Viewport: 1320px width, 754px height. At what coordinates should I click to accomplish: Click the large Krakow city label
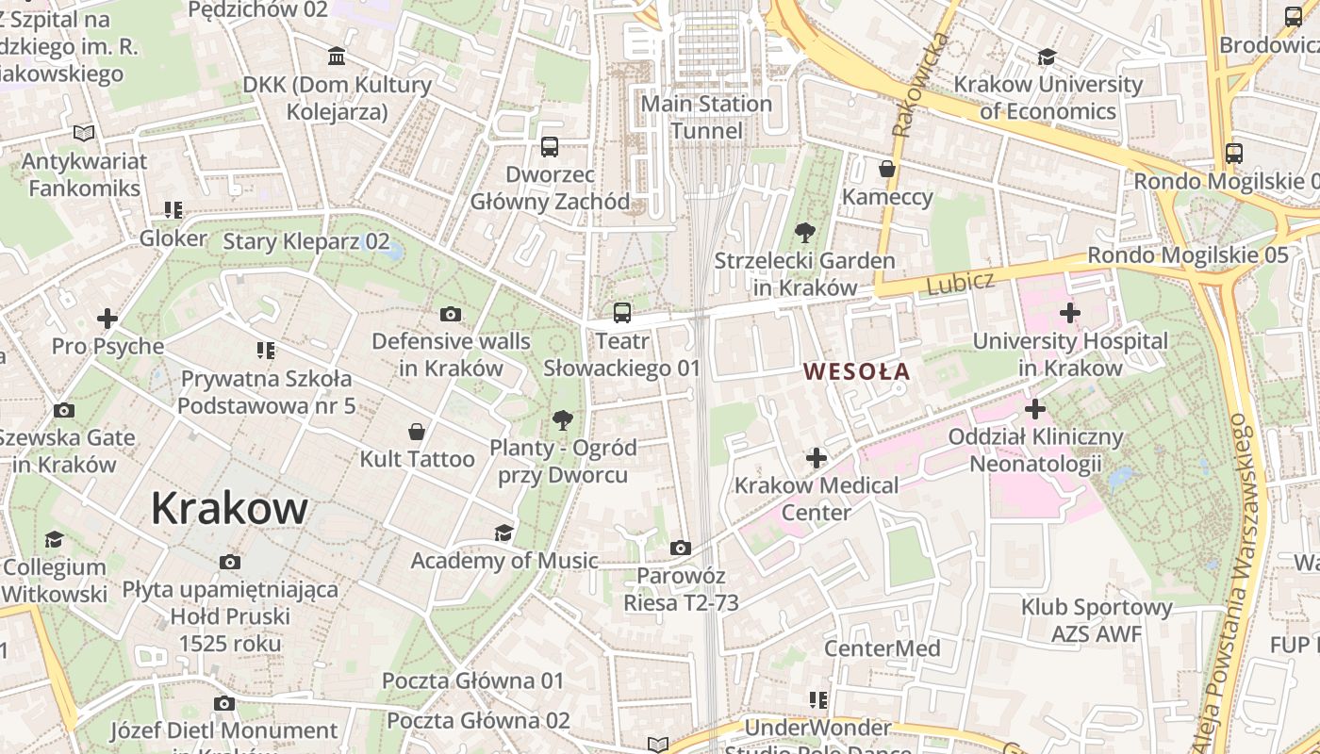229,509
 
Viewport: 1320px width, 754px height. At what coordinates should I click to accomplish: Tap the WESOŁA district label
857,371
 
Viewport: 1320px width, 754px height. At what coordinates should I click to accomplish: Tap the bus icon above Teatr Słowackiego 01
621,312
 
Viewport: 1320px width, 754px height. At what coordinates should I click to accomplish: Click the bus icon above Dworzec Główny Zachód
550,146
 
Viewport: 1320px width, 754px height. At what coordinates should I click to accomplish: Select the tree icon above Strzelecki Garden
804,232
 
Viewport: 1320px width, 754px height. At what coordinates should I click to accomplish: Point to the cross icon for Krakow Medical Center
817,458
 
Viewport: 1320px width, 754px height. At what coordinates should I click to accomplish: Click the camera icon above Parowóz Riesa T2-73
680,548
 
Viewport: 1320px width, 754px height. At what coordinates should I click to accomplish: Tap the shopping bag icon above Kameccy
887,169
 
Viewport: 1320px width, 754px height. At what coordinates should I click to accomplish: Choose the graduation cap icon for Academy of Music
504,533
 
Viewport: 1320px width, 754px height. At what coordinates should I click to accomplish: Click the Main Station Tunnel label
706,117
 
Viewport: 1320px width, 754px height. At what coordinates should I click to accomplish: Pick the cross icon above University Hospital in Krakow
1069,312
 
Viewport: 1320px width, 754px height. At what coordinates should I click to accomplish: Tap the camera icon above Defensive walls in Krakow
451,314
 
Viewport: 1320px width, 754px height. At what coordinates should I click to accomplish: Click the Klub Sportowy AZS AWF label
1097,620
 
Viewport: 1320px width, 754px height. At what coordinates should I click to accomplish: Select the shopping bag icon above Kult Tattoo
417,432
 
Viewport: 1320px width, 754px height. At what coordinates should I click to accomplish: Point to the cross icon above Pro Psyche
107,318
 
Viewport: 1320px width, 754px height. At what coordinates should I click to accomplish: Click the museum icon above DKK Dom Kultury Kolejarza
337,56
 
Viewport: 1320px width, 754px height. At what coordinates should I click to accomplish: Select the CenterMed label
882,648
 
